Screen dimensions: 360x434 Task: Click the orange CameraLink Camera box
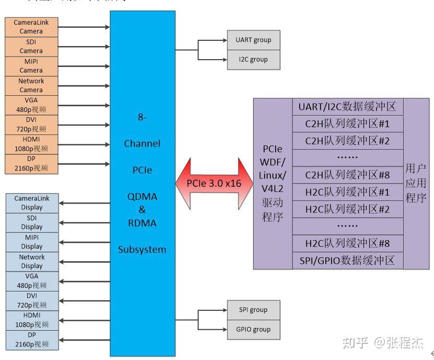pyautogui.click(x=31, y=27)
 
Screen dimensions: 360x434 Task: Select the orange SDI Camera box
pyautogui.click(x=31, y=46)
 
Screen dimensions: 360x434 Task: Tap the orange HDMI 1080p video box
pyautogui.click(x=31, y=144)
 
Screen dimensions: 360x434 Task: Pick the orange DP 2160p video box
pyautogui.click(x=31, y=163)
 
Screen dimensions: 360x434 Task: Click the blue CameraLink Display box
pyautogui.click(x=32, y=203)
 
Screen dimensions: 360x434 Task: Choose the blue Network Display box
pyautogui.click(x=32, y=262)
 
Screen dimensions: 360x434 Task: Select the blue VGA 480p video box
pyautogui.click(x=32, y=281)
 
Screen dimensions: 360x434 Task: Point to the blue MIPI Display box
pyautogui.click(x=32, y=242)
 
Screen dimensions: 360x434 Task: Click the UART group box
pyautogui.click(x=254, y=40)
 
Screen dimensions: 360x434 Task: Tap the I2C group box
pyautogui.click(x=254, y=60)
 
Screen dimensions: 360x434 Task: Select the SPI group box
pyautogui.click(x=254, y=310)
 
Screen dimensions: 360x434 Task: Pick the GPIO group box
pyautogui.click(x=254, y=329)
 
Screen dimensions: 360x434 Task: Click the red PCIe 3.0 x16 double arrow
pyautogui.click(x=214, y=183)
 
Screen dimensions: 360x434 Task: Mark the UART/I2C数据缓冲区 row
pyautogui.click(x=347, y=107)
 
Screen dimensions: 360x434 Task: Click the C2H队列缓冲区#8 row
pyautogui.click(x=347, y=175)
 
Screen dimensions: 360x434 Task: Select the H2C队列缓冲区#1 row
pyautogui.click(x=347, y=192)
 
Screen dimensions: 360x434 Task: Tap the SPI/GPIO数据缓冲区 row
pyautogui.click(x=347, y=261)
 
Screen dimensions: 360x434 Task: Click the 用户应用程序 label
pyautogui.click(x=416, y=183)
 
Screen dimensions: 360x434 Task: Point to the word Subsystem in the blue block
pyautogui.click(x=142, y=250)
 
